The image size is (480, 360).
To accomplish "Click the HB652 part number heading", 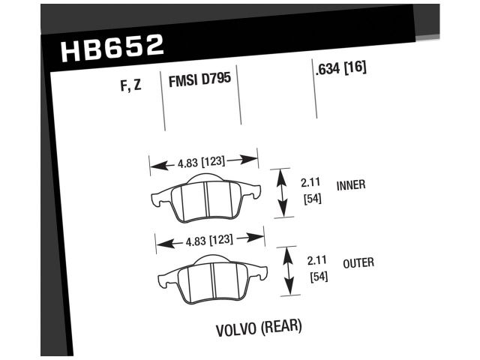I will click(x=111, y=48).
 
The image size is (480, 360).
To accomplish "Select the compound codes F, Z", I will click(x=130, y=85).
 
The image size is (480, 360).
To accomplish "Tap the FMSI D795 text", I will click(x=198, y=79).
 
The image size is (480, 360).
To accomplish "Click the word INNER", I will click(x=351, y=184).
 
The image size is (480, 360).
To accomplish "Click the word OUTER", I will click(x=358, y=262).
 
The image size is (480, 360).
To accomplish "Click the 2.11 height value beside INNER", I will click(x=310, y=182).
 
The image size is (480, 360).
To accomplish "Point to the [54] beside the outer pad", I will click(x=319, y=277).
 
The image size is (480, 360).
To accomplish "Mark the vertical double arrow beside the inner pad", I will click(x=283, y=193).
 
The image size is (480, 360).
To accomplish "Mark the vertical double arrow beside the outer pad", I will click(x=289, y=271).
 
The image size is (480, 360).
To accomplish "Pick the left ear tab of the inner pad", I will click(x=160, y=200).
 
